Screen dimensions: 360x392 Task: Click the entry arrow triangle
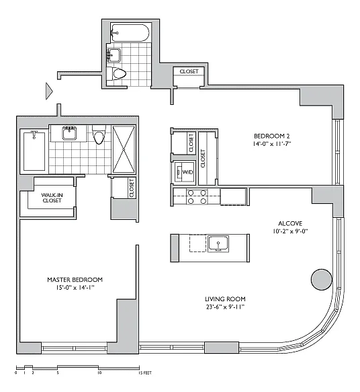(x=49, y=91)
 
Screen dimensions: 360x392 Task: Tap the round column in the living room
(x=322, y=280)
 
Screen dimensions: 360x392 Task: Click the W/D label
(x=188, y=172)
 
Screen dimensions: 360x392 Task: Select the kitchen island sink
(x=218, y=244)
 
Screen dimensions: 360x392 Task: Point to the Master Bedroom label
(x=75, y=280)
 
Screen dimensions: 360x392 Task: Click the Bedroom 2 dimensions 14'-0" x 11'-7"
(x=272, y=144)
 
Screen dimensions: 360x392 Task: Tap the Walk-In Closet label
(x=52, y=198)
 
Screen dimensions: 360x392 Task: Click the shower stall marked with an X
(x=124, y=149)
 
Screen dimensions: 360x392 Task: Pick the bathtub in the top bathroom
(x=130, y=33)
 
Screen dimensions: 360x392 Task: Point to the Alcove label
(x=290, y=223)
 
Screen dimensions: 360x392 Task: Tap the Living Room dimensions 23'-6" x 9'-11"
(x=225, y=307)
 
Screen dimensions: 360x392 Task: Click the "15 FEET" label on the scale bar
(x=145, y=373)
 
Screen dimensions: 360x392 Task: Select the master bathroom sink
(x=69, y=133)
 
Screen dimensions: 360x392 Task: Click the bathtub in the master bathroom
(x=34, y=151)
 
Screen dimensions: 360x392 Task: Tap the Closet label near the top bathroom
(x=189, y=71)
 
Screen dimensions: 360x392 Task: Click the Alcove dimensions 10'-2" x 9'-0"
(x=290, y=231)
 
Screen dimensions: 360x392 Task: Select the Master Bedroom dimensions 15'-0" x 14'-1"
(x=75, y=288)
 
